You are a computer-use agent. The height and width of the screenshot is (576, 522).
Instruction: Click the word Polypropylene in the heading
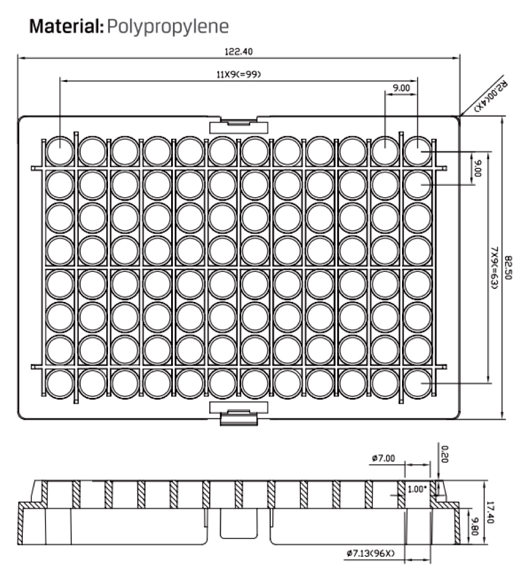tap(168, 27)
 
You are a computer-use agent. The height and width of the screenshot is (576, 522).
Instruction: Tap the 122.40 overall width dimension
tap(239, 51)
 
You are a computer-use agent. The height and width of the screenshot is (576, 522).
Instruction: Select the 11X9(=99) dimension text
tap(239, 74)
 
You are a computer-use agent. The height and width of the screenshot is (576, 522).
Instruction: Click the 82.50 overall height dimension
tap(508, 268)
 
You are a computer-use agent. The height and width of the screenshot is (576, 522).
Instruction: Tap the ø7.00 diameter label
tap(383, 458)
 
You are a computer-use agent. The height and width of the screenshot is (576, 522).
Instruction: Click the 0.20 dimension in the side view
tap(445, 454)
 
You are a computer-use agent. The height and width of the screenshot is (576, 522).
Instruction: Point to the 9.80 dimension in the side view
tap(475, 526)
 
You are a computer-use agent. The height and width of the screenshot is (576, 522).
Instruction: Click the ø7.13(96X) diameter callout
tap(371, 553)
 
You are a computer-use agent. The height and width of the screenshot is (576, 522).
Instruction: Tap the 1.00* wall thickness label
tap(417, 490)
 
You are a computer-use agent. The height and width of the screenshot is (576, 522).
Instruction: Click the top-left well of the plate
tap(60, 151)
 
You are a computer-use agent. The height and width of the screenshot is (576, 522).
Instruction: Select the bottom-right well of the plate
tap(418, 384)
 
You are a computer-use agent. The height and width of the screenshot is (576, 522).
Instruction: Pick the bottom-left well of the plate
tap(60, 384)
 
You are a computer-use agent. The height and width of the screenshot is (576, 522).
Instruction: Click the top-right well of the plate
tap(418, 151)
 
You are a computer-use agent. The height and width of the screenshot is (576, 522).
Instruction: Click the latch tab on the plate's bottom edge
tap(239, 413)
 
